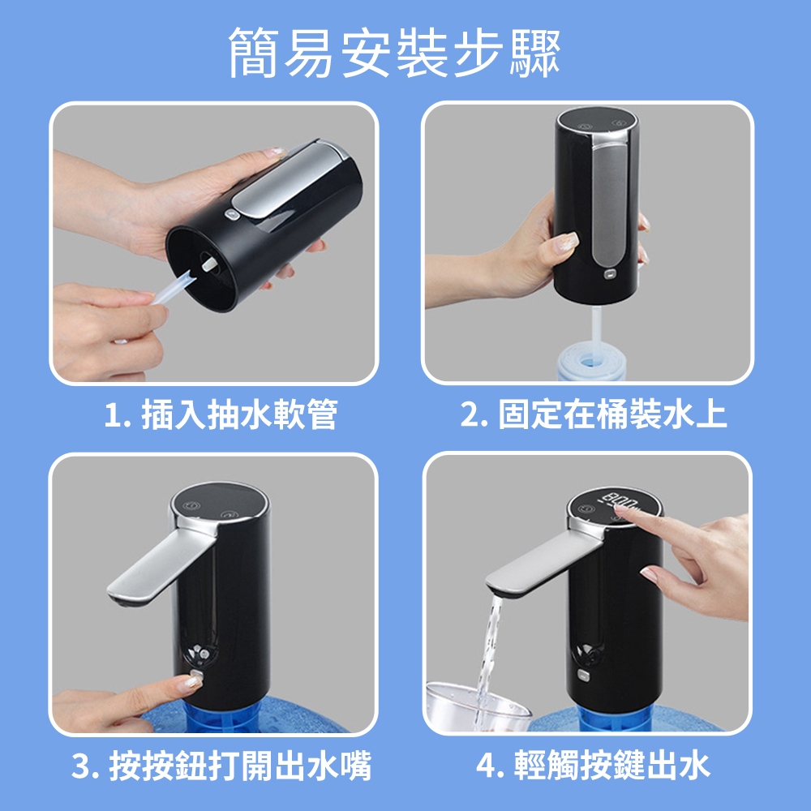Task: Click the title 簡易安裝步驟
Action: (395, 53)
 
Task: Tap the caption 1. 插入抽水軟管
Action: (221, 414)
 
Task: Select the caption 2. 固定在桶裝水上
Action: (594, 414)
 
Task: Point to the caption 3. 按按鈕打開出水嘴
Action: (221, 766)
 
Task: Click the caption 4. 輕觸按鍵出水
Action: (594, 766)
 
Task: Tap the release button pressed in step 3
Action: (196, 676)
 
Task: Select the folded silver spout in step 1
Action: (290, 182)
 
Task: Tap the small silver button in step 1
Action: (230, 215)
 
